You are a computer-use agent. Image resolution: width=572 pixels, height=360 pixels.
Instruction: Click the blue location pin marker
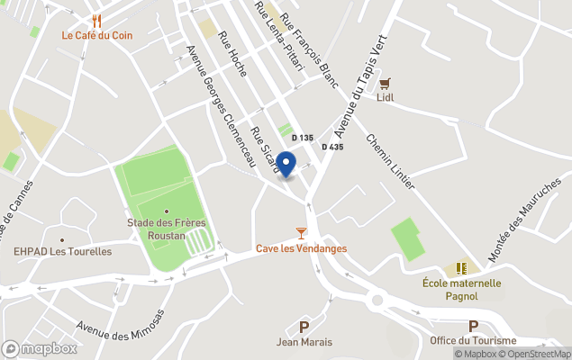tap(286, 165)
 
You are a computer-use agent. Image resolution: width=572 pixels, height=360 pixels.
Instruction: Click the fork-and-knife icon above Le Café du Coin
tap(96, 20)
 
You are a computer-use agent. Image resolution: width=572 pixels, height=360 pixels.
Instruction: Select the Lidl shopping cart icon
tap(385, 83)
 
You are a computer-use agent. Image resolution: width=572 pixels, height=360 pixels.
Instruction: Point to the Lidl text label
tap(386, 98)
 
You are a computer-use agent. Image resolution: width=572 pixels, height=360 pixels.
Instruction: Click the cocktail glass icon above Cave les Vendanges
tap(301, 233)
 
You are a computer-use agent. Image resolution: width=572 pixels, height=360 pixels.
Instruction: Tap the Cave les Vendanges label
tap(301, 248)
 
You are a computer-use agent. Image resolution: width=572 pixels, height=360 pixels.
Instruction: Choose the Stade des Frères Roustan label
tap(156, 229)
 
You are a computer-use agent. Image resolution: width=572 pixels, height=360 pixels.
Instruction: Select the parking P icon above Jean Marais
tap(304, 327)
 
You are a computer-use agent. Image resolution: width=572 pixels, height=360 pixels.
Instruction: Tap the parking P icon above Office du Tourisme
tap(473, 326)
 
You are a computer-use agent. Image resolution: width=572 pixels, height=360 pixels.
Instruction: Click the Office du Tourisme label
tap(473, 340)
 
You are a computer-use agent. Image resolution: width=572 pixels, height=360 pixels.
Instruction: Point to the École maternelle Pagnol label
tap(462, 289)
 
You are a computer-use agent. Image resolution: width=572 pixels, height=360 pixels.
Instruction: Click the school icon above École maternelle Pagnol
tap(462, 268)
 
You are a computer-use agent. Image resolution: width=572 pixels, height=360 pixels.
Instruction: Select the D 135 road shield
tap(302, 138)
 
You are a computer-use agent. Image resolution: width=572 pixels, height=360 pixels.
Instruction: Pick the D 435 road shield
tap(331, 147)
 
